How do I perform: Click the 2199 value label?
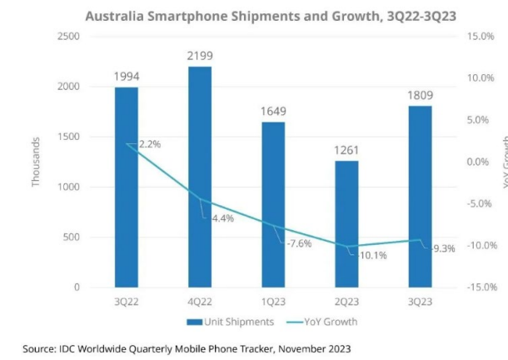(x=200, y=56)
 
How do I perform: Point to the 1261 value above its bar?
(x=346, y=150)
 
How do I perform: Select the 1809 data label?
(x=420, y=95)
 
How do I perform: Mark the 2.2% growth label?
(x=148, y=144)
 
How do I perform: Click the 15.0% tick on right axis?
(x=481, y=37)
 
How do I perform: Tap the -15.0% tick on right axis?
(x=480, y=287)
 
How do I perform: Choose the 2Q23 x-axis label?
(x=346, y=302)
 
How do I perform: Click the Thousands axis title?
(x=37, y=162)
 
